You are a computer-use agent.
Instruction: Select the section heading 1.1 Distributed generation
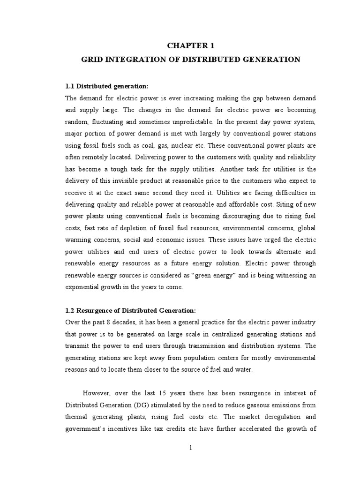click(106, 86)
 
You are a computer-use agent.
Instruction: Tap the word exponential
click(81, 287)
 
